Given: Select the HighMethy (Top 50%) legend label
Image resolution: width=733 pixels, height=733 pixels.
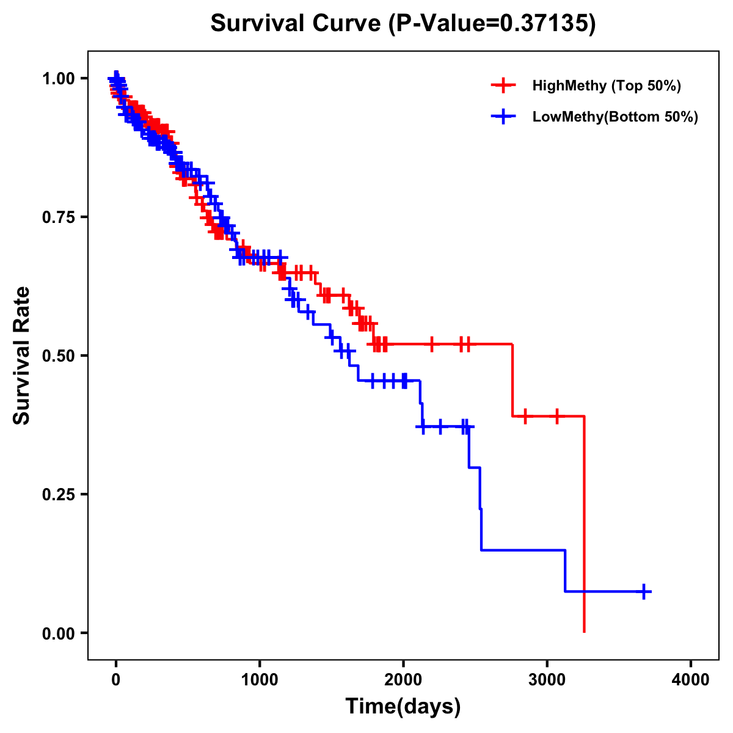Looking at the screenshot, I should pos(607,86).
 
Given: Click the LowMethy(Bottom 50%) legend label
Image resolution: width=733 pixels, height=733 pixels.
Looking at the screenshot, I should pos(615,117).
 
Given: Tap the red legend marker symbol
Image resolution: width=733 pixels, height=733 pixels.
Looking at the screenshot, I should pos(504,86).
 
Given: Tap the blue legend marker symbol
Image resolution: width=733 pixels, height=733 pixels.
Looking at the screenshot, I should pos(504,117).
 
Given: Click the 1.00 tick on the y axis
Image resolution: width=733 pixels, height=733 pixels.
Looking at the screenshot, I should pos(59,78).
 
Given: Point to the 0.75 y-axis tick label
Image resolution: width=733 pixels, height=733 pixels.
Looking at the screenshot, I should pos(59,217).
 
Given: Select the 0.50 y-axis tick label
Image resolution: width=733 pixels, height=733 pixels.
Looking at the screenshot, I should pos(59,356).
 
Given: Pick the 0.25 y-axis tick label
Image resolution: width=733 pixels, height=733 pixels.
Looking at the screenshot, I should pos(59,494).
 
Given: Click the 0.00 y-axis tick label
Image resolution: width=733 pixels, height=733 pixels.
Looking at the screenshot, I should pos(59,633).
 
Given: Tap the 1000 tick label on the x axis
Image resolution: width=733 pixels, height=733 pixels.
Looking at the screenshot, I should pos(260,680).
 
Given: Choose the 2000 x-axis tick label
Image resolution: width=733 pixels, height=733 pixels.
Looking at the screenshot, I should pos(403,680).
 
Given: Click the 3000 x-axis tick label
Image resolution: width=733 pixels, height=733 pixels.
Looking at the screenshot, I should pos(547,680).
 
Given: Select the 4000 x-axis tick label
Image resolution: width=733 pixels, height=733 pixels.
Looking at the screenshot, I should pos(691,680).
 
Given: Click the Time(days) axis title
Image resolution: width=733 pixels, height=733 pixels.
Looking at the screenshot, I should pos(403,707).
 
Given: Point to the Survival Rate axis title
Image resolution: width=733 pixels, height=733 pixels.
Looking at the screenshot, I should pos(22,356).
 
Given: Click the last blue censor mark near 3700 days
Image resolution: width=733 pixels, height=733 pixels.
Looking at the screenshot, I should pos(644,591).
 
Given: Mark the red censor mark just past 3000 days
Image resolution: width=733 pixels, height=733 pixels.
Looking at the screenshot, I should pos(556,416).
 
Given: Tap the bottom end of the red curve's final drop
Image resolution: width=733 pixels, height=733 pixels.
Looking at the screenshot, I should pos(585,631).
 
